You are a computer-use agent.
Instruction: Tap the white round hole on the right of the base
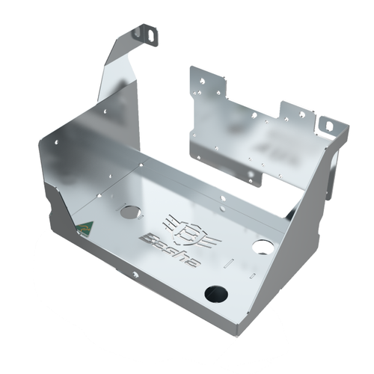pyautogui.click(x=263, y=246)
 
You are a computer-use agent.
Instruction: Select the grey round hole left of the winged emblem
pyautogui.click(x=130, y=212)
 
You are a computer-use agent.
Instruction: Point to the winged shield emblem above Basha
pyautogui.click(x=184, y=227)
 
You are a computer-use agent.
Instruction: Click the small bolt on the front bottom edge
pyautogui.click(x=135, y=275)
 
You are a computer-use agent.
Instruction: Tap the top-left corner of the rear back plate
pyautogui.click(x=192, y=69)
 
